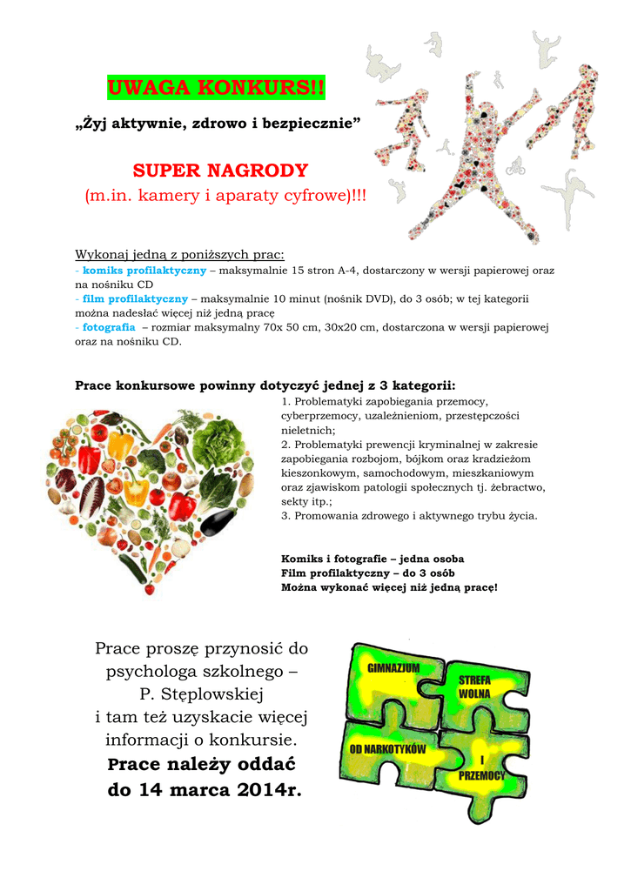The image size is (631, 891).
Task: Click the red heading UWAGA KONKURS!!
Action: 215,88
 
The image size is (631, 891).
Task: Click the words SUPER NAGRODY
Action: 220,170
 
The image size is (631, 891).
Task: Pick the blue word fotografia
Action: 109,327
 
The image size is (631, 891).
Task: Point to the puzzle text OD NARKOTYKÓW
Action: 387,749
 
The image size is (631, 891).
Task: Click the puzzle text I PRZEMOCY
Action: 481,767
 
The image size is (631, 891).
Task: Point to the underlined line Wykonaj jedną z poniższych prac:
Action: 179,255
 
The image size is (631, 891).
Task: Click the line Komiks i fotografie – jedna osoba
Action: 373,559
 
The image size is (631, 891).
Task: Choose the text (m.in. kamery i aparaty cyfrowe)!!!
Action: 225,197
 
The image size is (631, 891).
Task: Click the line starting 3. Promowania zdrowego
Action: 409,515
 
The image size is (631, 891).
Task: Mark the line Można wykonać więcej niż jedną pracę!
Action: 389,588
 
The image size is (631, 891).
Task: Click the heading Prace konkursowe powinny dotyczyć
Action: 265,385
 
